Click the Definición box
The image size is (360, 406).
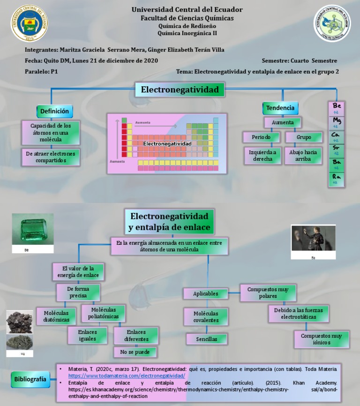(54, 111)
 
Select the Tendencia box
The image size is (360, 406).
(280, 108)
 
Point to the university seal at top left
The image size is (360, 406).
(29, 23)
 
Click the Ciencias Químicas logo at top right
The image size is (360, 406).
(332, 23)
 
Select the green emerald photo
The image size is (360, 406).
(33, 229)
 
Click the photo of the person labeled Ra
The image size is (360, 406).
(313, 239)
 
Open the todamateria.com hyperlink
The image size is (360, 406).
(127, 376)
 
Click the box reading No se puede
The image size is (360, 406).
(135, 352)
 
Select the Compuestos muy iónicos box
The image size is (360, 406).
(322, 339)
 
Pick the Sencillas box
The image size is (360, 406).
(206, 338)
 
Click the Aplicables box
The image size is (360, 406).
(206, 293)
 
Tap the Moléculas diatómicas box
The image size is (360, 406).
(56, 316)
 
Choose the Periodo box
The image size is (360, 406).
(261, 137)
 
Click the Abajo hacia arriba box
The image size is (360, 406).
(303, 156)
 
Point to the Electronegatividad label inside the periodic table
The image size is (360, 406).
(167, 143)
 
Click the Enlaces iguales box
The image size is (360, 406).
(88, 336)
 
